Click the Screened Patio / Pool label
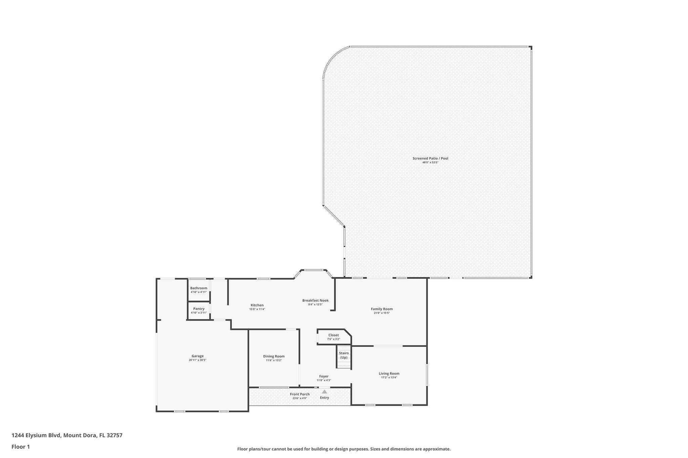tap(430, 158)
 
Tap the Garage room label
tap(198, 356)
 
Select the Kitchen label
tap(257, 305)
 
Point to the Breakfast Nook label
tap(315, 300)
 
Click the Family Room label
tap(382, 309)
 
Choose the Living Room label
tap(389, 373)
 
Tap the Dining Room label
tap(274, 356)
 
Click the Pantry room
tap(199, 310)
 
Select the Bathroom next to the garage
tap(199, 290)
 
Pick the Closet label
tap(334, 335)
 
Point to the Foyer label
tap(324, 376)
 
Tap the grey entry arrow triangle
tap(325, 391)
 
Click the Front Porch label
tap(300, 394)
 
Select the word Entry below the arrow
tap(325, 398)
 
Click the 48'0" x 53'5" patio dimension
tap(430, 162)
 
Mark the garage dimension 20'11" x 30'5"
tap(198, 360)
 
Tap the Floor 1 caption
tap(21, 447)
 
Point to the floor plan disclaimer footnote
tap(344, 449)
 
